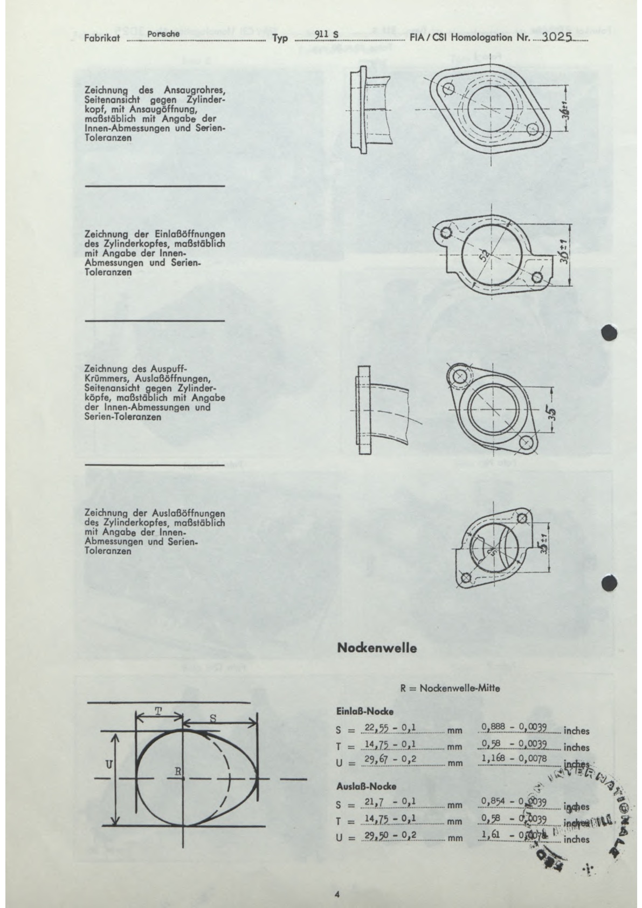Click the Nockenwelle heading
coord(377,648)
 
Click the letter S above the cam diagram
coord(212,718)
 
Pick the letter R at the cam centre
coord(177,772)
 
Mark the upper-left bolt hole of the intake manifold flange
coord(450,88)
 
